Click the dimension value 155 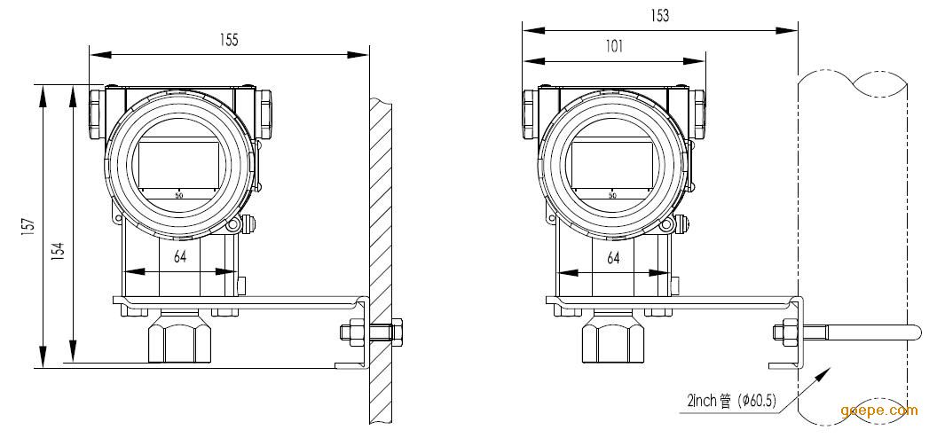[229, 40]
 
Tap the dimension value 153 [660, 16]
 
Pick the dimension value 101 [614, 46]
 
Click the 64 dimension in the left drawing [180, 257]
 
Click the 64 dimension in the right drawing [613, 258]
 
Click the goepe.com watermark [878, 411]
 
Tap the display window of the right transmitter [612, 163]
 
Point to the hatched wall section [381, 261]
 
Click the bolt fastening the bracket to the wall [371, 331]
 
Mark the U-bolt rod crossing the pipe [860, 332]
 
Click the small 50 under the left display [178, 195]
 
